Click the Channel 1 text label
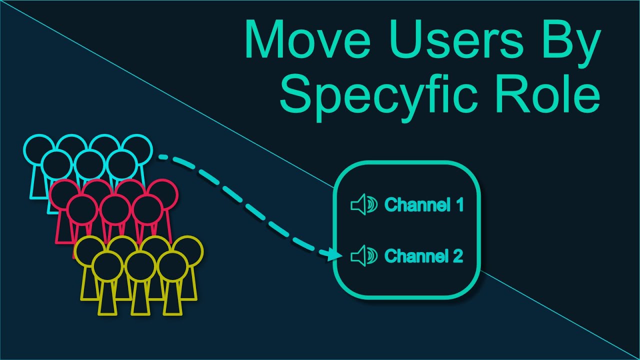[x=424, y=205]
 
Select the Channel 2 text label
[x=424, y=256]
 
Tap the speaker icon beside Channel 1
[x=363, y=205]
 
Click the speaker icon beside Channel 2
[x=363, y=256]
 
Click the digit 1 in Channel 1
[x=459, y=205]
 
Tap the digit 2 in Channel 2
[x=458, y=256]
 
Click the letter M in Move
[x=265, y=40]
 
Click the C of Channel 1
[x=390, y=205]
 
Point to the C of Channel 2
[x=390, y=256]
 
